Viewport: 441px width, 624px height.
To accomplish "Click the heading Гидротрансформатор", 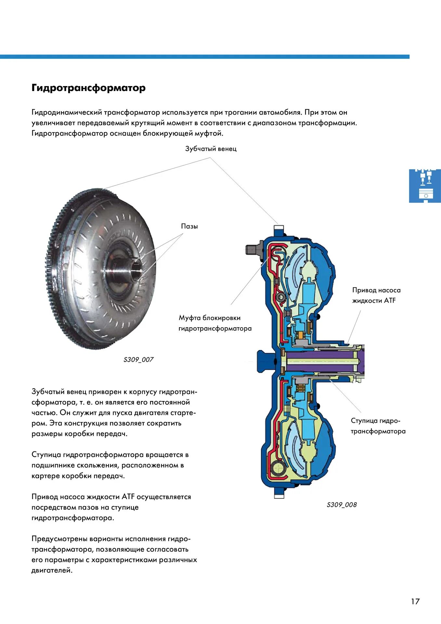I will [x=88, y=88].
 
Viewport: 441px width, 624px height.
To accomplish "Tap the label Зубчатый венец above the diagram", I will [x=211, y=149].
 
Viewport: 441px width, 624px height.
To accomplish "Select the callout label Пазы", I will [x=189, y=226].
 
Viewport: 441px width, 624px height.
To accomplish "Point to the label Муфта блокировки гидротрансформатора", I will [x=215, y=323].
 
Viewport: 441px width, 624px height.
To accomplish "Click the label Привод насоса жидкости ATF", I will [x=376, y=295].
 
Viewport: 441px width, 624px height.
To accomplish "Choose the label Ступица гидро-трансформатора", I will [x=378, y=426].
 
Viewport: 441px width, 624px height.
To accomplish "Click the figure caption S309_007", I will [x=138, y=359].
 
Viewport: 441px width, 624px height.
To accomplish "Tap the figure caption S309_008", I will [x=342, y=505].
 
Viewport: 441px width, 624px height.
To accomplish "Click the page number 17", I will [x=415, y=601].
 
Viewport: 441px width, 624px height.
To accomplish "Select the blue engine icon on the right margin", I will [x=425, y=186].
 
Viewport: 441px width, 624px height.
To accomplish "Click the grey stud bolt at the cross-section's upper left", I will [x=253, y=250].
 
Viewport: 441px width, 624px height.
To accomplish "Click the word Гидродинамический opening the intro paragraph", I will [x=66, y=112].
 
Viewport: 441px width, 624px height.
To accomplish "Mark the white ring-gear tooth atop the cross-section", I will [x=279, y=228].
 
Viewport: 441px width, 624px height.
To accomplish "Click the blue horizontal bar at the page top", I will [x=205, y=57].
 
